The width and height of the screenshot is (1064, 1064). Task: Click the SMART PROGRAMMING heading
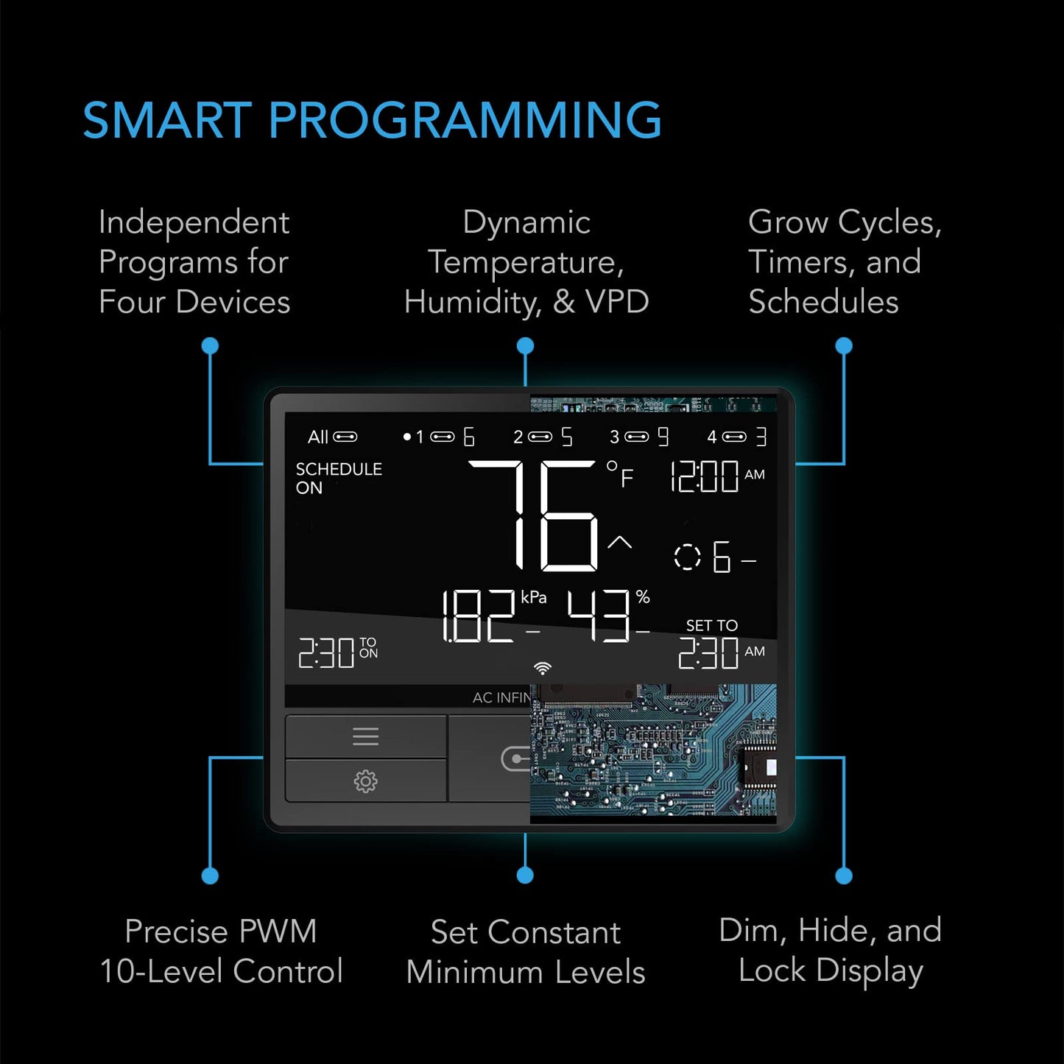[372, 120]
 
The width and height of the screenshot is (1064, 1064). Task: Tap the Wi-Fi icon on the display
[543, 668]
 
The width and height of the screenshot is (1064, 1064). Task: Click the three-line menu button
[365, 736]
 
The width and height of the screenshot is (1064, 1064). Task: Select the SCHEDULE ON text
[338, 478]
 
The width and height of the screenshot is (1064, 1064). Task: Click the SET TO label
[711, 625]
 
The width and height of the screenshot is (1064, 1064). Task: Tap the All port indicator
[331, 437]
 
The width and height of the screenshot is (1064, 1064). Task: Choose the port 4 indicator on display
[736, 437]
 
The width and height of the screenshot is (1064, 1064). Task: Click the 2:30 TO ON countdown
[337, 652]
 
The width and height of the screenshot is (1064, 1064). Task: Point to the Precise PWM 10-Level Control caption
[221, 951]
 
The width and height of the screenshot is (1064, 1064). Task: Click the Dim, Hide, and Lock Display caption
[830, 950]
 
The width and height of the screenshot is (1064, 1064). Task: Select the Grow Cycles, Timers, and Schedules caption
[845, 261]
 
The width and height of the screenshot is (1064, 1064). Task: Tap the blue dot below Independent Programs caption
[210, 345]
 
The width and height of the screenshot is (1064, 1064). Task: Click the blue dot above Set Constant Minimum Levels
[525, 875]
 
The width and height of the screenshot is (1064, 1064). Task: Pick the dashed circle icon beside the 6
[687, 557]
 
